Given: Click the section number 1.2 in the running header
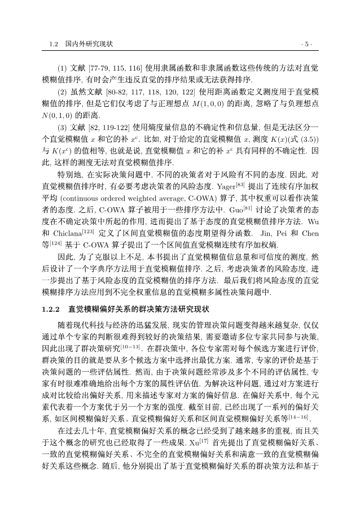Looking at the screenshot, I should [x=54, y=43].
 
